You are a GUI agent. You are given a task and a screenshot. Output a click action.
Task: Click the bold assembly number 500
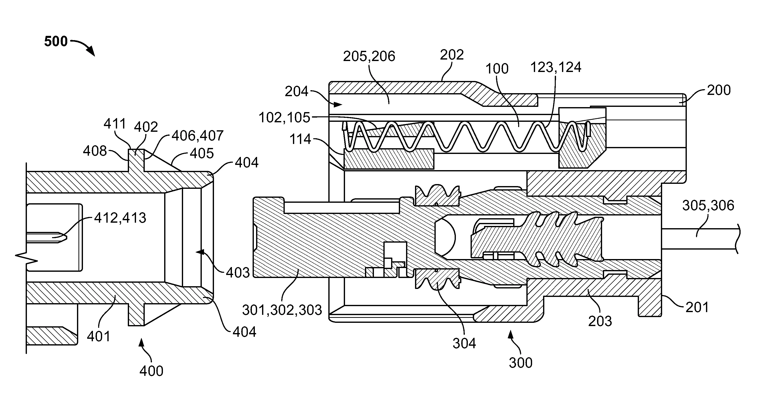coord(56,41)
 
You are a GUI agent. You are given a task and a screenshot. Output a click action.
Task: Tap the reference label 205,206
coord(369,56)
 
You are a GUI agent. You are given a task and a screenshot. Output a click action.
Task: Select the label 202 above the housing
coord(452,55)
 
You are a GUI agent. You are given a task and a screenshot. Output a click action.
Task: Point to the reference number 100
coord(497,69)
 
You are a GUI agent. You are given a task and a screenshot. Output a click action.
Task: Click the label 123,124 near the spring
coord(556,68)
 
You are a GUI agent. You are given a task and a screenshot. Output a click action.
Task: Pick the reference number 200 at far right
coord(719,90)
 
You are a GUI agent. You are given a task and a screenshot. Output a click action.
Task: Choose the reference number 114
coord(300,139)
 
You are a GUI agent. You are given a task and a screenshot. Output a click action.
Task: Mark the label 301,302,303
coord(282,310)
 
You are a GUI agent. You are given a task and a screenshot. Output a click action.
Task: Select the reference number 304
coord(464,343)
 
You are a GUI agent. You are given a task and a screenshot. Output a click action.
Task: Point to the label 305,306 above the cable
coord(708,206)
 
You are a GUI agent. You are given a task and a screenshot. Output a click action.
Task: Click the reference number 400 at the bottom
coord(151,371)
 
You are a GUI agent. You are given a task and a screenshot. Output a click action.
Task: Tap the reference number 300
coord(521,363)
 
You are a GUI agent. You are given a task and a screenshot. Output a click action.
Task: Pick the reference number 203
coord(600,321)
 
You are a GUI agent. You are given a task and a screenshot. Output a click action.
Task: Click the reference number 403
coord(238,273)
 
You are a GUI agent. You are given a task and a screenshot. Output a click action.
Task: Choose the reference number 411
coord(115,124)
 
